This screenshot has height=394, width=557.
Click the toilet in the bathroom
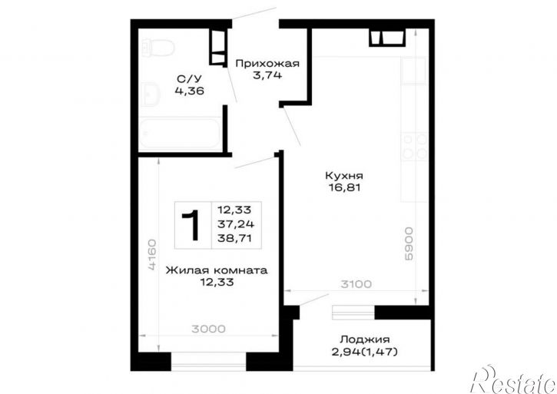(157, 48)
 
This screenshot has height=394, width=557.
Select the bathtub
(180, 134)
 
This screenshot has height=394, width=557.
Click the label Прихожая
(267, 64)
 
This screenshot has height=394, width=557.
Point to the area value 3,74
(267, 75)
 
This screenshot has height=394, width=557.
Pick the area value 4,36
(189, 91)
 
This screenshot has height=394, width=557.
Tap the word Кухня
(344, 176)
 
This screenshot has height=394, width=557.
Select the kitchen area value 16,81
(344, 187)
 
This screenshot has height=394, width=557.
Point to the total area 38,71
(234, 238)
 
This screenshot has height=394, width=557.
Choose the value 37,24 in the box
(236, 223)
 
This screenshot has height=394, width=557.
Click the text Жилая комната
(217, 270)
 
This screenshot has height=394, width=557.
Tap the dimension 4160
(151, 255)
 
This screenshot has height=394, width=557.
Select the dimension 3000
(208, 329)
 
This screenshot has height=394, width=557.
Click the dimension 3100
(356, 284)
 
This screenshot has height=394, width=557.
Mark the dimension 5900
(409, 244)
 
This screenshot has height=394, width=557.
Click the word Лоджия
(365, 339)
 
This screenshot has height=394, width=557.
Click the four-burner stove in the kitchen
(415, 146)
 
